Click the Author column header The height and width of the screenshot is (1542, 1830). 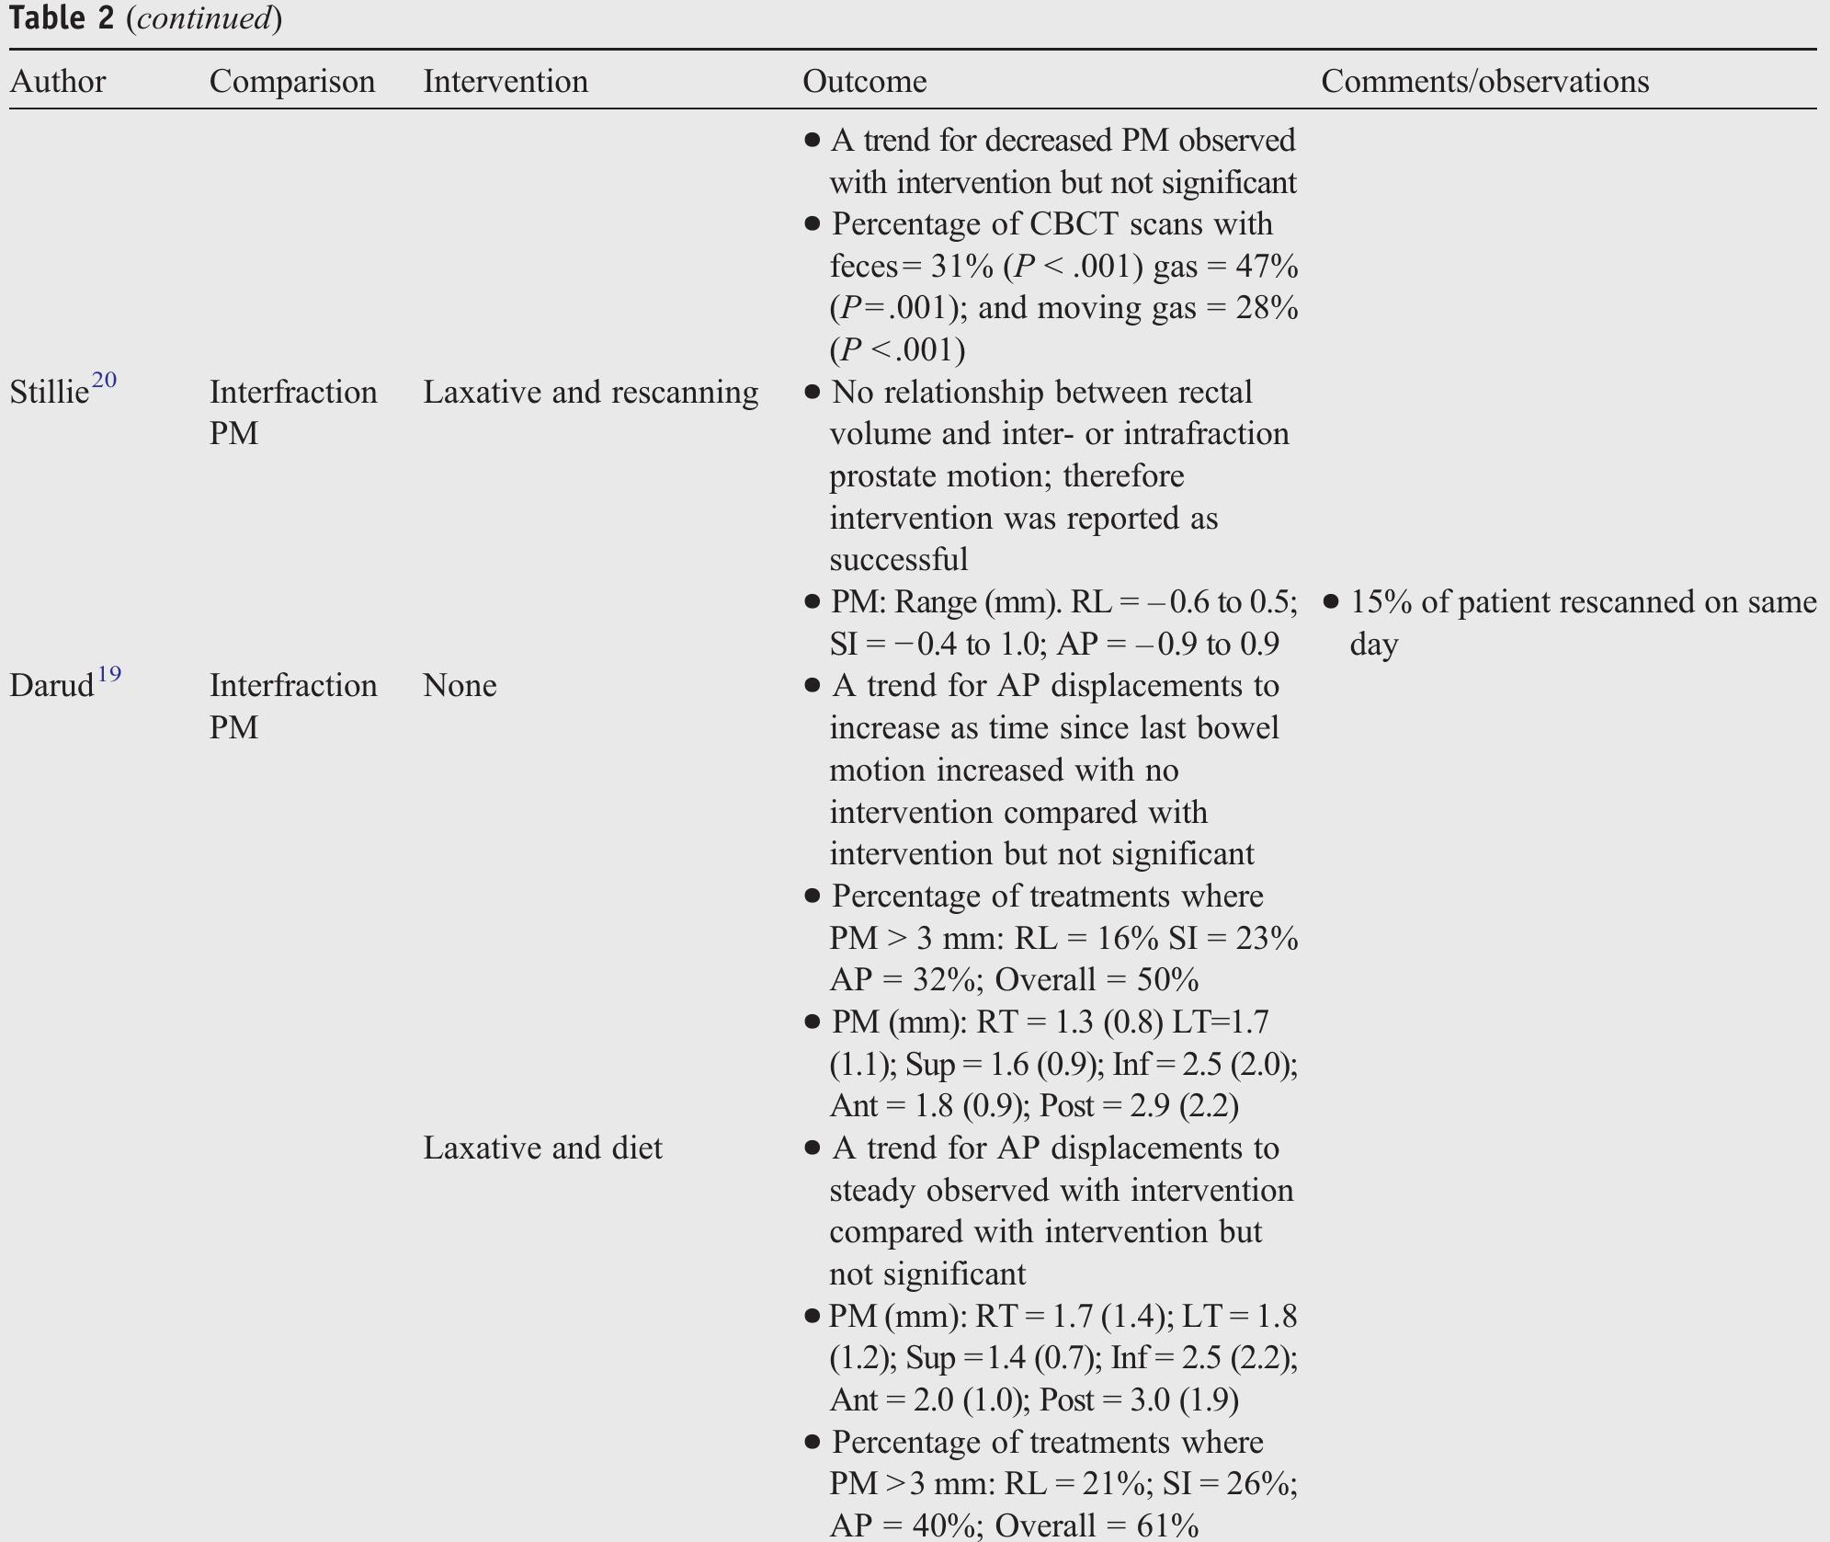click(x=57, y=82)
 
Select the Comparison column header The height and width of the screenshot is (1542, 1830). click(x=291, y=82)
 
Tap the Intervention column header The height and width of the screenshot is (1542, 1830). click(x=505, y=82)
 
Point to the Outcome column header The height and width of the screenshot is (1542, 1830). click(x=864, y=82)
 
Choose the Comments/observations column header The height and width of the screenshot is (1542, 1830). click(x=1484, y=82)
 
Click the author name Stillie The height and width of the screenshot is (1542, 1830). click(x=49, y=393)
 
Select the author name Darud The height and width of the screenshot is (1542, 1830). click(x=51, y=686)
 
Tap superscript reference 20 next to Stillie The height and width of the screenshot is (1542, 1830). click(x=104, y=381)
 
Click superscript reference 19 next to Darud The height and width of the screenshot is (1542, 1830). click(x=108, y=674)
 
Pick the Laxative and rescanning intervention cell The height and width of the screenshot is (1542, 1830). click(x=590, y=393)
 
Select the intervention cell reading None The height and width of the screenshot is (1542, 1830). click(x=460, y=686)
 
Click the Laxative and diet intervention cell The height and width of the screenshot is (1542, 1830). click(x=542, y=1148)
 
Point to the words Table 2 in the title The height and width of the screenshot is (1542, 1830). click(x=61, y=18)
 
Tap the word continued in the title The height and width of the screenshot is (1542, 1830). click(x=204, y=18)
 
